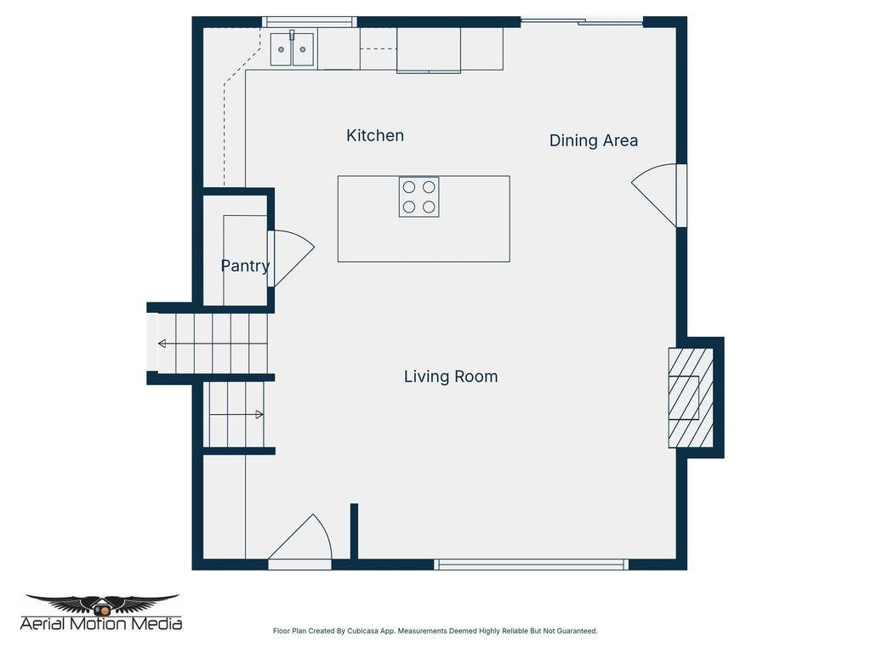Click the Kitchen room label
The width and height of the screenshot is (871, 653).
pyautogui.click(x=375, y=135)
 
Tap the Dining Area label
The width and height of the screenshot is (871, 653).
pyautogui.click(x=593, y=140)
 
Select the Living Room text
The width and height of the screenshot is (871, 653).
pyautogui.click(x=451, y=377)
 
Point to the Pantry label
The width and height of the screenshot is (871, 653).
pyautogui.click(x=245, y=266)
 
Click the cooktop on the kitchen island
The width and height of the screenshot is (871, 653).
pyautogui.click(x=418, y=197)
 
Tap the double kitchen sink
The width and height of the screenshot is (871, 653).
pyautogui.click(x=293, y=49)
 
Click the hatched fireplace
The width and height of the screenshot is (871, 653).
pyautogui.click(x=691, y=398)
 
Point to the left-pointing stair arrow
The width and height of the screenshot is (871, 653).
pyautogui.click(x=212, y=344)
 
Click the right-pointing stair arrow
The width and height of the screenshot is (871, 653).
pyautogui.click(x=236, y=414)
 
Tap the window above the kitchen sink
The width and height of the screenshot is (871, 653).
pyautogui.click(x=310, y=22)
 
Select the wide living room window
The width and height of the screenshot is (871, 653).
pyautogui.click(x=531, y=565)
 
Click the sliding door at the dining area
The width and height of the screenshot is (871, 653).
pyautogui.click(x=582, y=21)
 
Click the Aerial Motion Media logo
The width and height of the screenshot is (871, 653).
pyautogui.click(x=101, y=612)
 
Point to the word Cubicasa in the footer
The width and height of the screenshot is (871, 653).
pyautogui.click(x=362, y=632)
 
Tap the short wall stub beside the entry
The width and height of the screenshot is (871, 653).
pyautogui.click(x=354, y=531)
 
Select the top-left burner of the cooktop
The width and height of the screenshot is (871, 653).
pyautogui.click(x=409, y=187)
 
